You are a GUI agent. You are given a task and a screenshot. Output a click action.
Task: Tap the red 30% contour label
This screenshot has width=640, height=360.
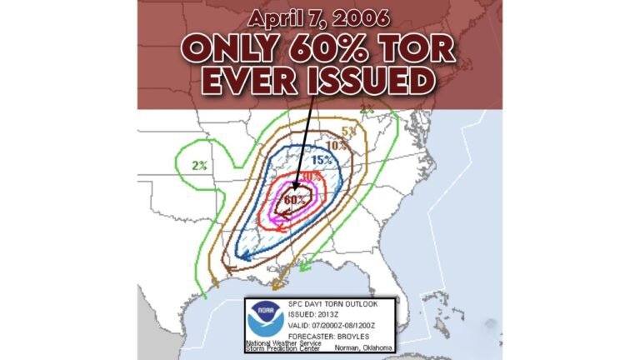point(310,177)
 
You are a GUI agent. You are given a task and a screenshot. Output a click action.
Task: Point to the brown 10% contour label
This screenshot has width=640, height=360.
point(337,146)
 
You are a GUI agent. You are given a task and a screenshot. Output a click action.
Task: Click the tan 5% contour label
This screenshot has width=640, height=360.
point(347,131)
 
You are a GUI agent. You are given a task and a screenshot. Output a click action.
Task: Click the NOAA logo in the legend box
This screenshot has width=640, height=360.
point(265,318)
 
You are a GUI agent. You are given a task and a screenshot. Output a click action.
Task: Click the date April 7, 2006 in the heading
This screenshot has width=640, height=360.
point(319,17)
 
